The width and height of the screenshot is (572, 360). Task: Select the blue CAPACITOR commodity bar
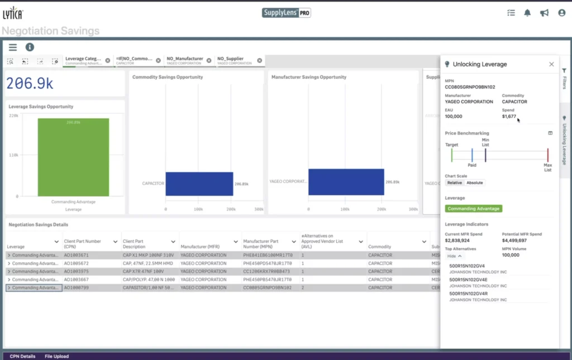[x=199, y=184]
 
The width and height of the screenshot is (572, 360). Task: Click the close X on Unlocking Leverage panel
[x=551, y=64]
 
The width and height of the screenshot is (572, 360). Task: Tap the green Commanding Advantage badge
[x=474, y=209]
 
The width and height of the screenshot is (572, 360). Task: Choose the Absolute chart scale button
[x=475, y=183]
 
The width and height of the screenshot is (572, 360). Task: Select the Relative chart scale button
[x=455, y=183]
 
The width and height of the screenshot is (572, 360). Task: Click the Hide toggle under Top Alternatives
[x=455, y=256]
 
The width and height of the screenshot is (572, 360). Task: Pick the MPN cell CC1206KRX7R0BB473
[x=268, y=271]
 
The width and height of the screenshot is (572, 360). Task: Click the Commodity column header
[x=380, y=247]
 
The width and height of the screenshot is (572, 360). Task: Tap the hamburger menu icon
[x=13, y=47]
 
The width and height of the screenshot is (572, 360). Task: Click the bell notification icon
[x=527, y=13]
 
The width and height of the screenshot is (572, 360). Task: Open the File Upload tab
[x=56, y=356]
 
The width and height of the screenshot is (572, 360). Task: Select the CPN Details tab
[x=22, y=356]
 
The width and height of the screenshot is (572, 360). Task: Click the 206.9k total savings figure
[x=30, y=84]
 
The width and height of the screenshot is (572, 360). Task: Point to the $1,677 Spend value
[x=509, y=116]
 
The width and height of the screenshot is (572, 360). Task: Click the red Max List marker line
[x=548, y=155]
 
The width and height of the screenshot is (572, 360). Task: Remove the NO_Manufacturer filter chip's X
[x=209, y=60]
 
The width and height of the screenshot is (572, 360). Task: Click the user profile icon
[x=562, y=13]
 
